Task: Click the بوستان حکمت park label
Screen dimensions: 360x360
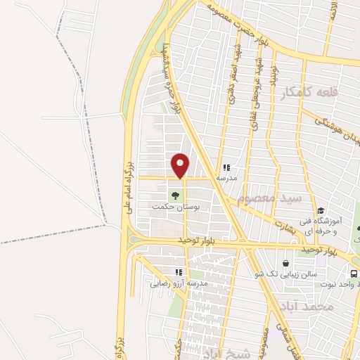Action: (176, 208)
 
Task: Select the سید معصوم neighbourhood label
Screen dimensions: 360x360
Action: (269, 198)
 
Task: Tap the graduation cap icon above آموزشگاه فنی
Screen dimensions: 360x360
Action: (320, 210)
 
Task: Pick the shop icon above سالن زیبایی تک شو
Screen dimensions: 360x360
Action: (286, 261)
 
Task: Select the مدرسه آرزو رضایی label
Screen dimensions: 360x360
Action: (179, 283)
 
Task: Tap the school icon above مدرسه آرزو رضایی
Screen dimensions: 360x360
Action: (179, 272)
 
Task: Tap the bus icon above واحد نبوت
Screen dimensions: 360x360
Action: (354, 273)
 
